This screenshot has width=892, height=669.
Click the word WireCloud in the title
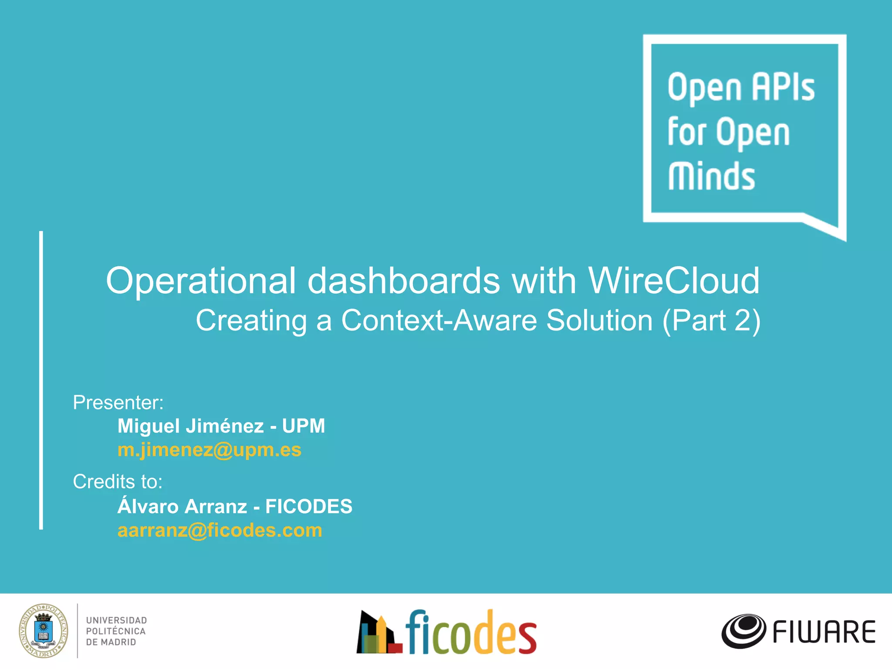pos(674,281)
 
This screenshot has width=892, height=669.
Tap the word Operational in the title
pos(201,281)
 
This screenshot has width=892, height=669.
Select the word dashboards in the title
pos(404,281)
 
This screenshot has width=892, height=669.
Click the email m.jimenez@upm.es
pos(209,450)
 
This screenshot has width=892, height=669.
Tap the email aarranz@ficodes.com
pos(220,530)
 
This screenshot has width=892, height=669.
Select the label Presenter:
pos(118,402)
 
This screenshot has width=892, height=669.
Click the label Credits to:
pos(118,482)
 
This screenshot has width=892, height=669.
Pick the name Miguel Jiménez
pos(191,426)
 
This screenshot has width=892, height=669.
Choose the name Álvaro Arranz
pos(182,507)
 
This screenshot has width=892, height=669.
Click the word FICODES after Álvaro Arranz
pos(309,507)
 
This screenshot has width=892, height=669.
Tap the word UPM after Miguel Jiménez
pos(304,426)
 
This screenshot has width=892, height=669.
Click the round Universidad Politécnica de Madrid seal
pos(44,631)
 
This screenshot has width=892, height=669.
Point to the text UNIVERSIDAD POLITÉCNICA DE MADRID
pos(116,631)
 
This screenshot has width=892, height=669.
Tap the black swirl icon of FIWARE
pos(743,631)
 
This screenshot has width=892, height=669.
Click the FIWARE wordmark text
pos(824,632)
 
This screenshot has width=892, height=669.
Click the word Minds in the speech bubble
pos(712,176)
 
